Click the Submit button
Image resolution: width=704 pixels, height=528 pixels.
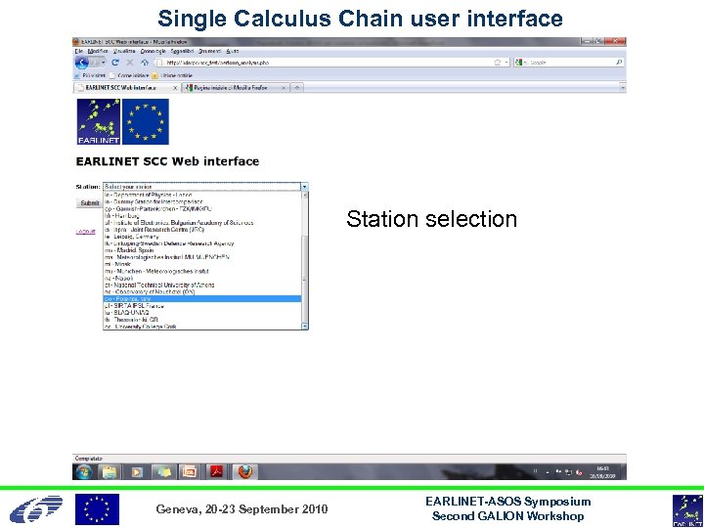point(89,203)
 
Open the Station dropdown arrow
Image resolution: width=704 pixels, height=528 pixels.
point(304,186)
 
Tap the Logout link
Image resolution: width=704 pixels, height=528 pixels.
point(87,232)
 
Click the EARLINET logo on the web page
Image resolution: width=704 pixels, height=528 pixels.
point(98,122)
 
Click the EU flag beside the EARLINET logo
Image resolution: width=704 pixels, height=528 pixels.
point(145,122)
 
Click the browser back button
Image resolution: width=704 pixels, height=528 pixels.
point(82,63)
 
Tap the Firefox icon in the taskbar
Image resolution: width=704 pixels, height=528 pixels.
point(245,471)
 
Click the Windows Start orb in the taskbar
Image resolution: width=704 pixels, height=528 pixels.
point(82,471)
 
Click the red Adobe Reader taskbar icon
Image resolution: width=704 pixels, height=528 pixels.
point(216,471)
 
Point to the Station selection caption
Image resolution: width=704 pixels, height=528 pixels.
point(431,219)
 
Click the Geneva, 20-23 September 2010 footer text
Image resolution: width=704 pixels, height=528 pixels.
point(242,509)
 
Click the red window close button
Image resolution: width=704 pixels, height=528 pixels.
point(618,42)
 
